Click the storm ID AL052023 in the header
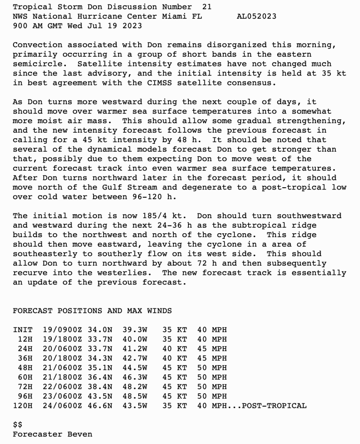point(257,16)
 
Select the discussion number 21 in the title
point(207,7)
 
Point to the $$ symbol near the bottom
point(18,424)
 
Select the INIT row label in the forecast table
point(23,330)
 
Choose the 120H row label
point(23,406)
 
